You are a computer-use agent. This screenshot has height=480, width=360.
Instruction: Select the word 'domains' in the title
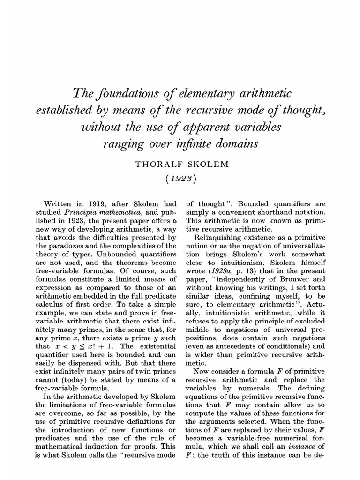[236, 144]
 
